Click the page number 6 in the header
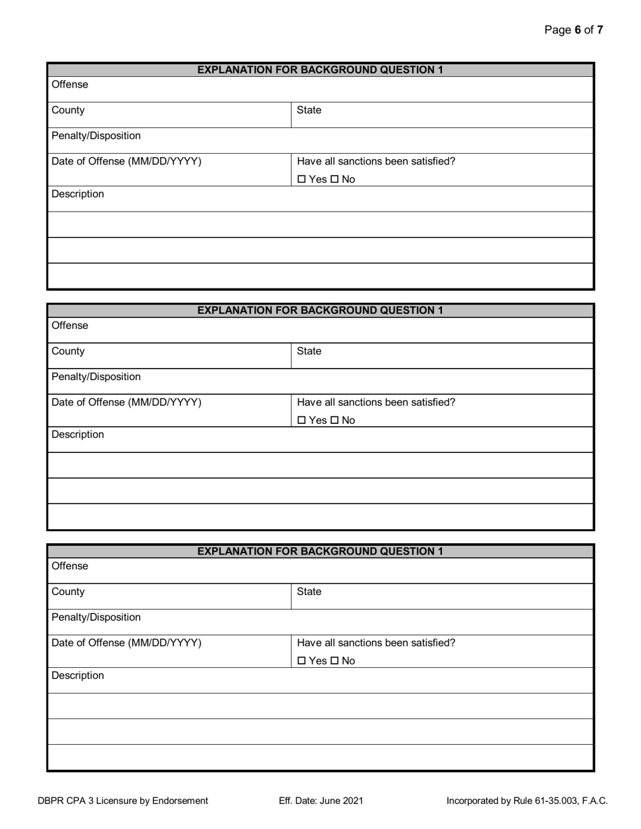click(x=578, y=30)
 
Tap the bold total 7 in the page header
click(x=600, y=30)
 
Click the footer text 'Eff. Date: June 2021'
click(x=321, y=801)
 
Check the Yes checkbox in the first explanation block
click(x=302, y=179)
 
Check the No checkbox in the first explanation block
click(x=334, y=179)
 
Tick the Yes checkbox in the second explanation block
click(x=302, y=421)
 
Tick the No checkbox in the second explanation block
click(x=334, y=421)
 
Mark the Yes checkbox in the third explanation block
click(x=302, y=661)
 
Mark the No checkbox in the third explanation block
click(x=334, y=661)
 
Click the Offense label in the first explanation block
click(x=69, y=85)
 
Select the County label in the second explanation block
click(x=68, y=351)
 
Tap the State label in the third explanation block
click(x=309, y=592)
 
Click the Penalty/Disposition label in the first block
click(x=96, y=136)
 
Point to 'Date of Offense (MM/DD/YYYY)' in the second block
click(x=126, y=402)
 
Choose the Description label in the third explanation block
click(x=78, y=676)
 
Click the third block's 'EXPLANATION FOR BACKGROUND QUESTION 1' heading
click(x=320, y=551)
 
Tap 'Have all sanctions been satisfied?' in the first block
click(x=376, y=162)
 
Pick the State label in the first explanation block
click(x=309, y=111)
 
